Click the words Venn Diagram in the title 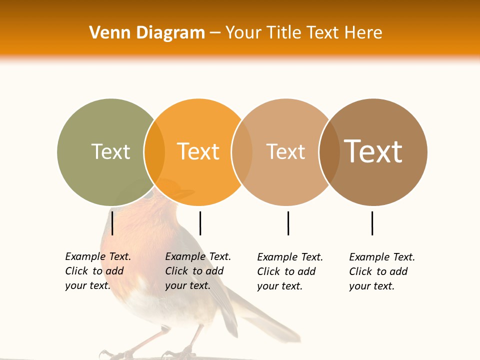[x=147, y=32]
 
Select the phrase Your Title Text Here [x=303, y=32]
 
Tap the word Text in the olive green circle [x=110, y=151]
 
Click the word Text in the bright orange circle [x=198, y=151]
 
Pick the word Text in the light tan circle [x=285, y=151]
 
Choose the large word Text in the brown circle [x=373, y=151]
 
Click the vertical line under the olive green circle [x=112, y=223]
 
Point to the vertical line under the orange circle [x=200, y=223]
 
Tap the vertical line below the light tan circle [x=288, y=223]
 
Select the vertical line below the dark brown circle [x=372, y=223]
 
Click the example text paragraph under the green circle [x=97, y=271]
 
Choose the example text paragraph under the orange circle [x=197, y=271]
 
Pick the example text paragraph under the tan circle [x=289, y=271]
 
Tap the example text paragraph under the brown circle [x=381, y=271]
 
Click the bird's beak [x=185, y=192]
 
